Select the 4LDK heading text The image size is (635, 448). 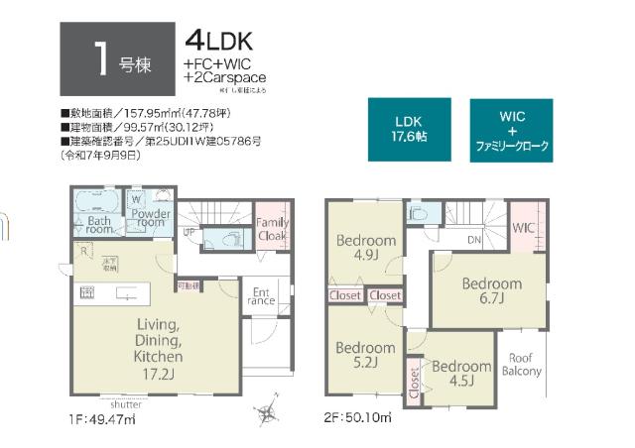[x=219, y=41]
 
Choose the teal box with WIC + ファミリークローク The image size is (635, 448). [x=512, y=130]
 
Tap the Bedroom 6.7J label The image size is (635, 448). [x=491, y=291]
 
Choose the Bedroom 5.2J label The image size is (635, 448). [x=364, y=355]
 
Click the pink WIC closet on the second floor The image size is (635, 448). [x=524, y=228]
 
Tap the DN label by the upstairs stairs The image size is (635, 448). [x=474, y=241]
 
